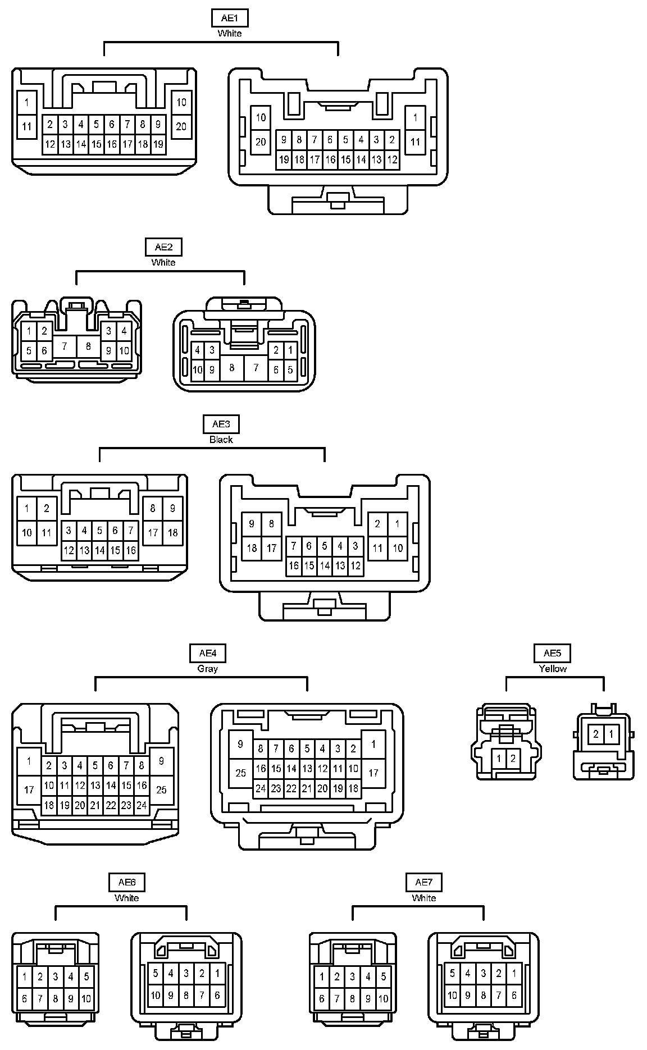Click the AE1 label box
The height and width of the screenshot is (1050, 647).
[x=230, y=18]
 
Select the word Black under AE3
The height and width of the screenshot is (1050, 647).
[x=221, y=440]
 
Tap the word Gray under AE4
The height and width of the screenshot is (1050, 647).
[x=208, y=669]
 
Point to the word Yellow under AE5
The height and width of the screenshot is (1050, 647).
[x=553, y=669]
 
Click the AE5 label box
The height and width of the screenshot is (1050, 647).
[x=552, y=653]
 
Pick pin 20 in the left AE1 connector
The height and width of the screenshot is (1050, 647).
[x=181, y=126]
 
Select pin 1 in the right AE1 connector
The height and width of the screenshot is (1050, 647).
[x=415, y=118]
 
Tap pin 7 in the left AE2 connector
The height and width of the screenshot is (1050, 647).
[x=65, y=346]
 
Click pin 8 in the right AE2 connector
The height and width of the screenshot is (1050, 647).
[x=232, y=368]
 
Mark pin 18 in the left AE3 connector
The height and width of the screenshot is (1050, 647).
[x=172, y=532]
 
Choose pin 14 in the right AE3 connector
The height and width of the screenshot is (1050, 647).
[x=325, y=566]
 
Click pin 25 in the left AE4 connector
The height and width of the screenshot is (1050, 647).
[x=161, y=789]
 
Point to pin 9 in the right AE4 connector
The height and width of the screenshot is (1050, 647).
[x=240, y=745]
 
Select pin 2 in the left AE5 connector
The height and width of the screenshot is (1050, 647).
[x=513, y=759]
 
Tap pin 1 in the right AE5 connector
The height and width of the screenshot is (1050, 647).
[x=611, y=734]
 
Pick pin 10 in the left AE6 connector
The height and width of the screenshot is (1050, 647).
[x=86, y=999]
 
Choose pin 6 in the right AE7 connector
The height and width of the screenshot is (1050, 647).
[x=514, y=996]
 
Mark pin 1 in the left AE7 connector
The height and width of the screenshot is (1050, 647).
[x=322, y=977]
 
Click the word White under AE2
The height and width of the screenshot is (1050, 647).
[x=163, y=262]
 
